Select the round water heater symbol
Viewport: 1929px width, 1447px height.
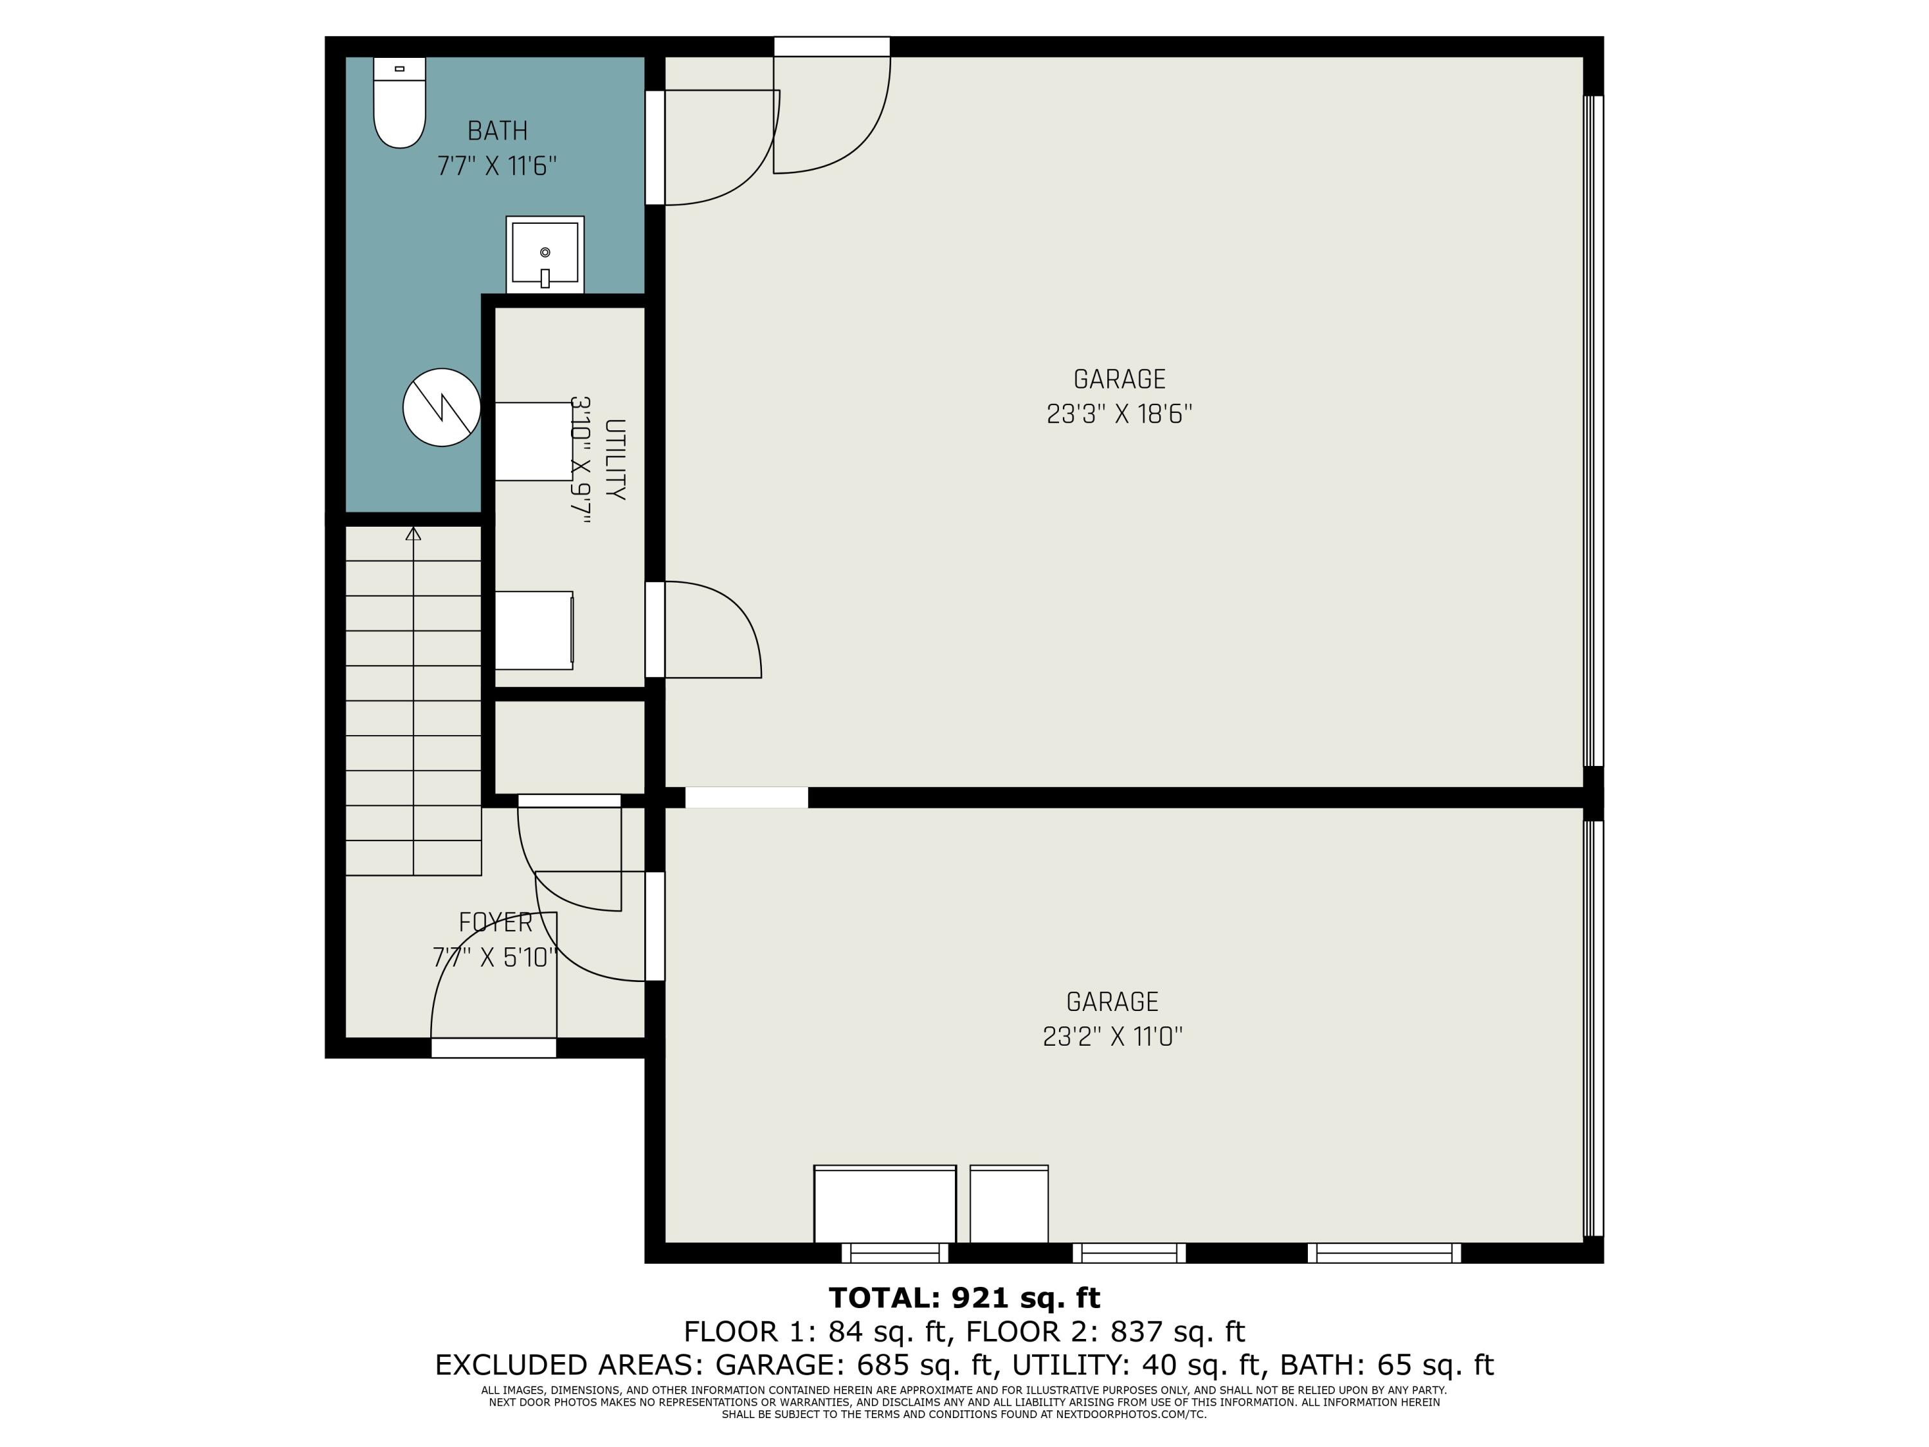441,407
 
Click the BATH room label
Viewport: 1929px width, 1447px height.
497,131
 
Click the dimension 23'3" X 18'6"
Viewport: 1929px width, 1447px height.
1119,414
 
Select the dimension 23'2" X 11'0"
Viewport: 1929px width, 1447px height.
1112,1036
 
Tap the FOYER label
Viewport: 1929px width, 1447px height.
495,922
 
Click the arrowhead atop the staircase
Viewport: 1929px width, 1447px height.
413,533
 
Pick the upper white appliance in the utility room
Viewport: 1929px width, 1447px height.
532,441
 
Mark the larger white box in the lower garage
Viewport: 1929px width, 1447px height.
884,1204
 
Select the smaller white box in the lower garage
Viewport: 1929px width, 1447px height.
1009,1204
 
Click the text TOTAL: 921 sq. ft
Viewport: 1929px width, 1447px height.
964,1298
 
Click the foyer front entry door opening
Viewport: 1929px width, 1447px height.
494,1048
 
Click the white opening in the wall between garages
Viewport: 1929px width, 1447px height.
747,797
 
